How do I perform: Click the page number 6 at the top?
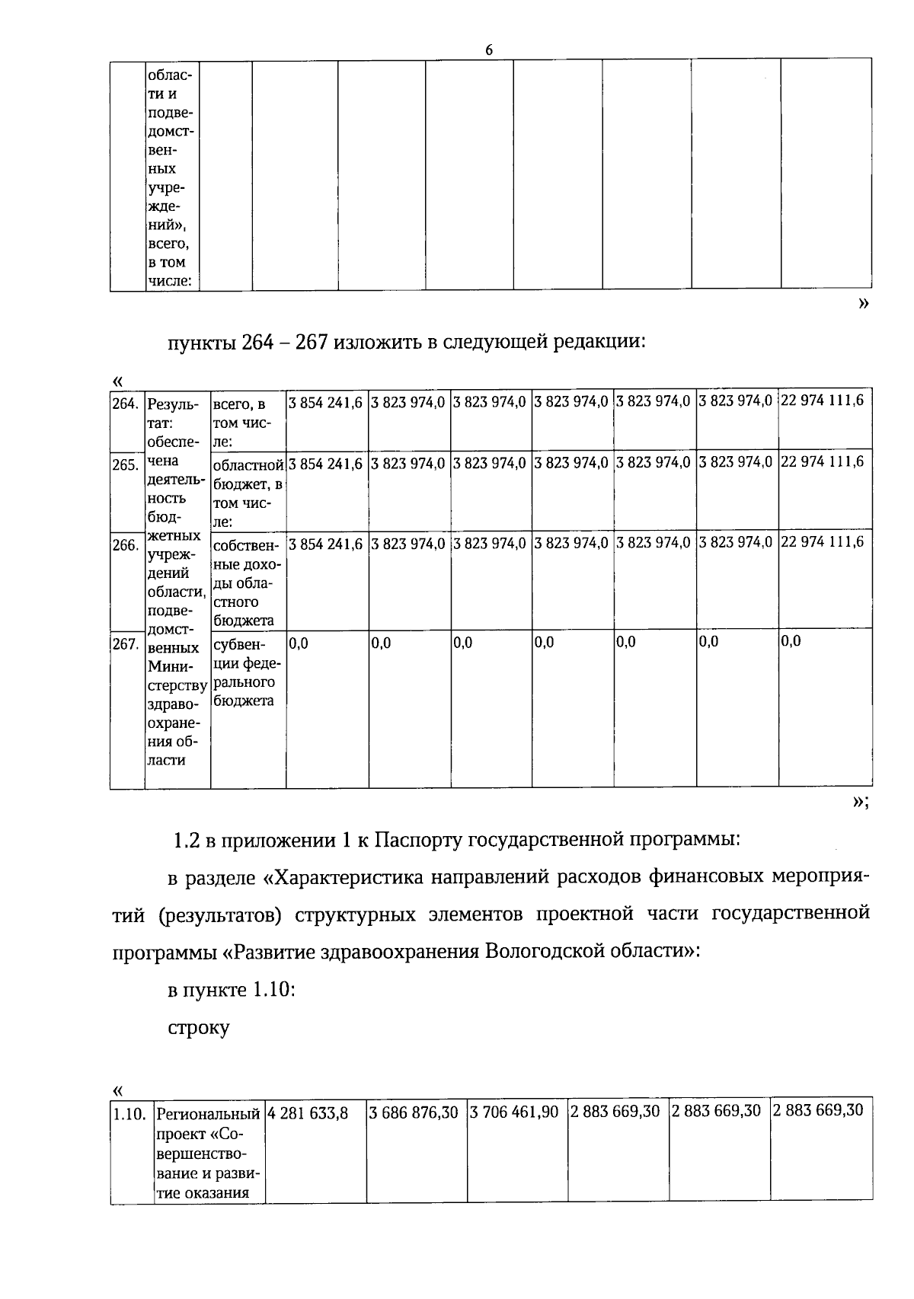tap(489, 50)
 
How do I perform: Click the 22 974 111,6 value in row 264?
tap(822, 401)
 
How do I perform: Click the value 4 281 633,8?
tap(308, 1112)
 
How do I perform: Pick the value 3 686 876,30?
tap(414, 1112)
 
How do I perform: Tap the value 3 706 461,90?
tap(516, 1112)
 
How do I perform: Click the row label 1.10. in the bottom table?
tap(129, 1115)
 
